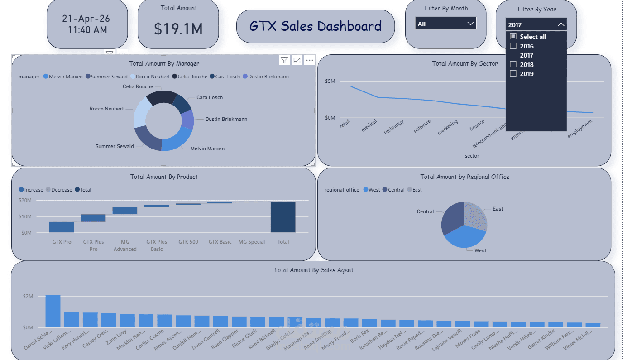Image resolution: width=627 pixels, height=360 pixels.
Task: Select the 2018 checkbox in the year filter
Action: [x=513, y=65]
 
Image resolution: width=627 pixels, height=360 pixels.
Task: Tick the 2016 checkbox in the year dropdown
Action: [x=513, y=46]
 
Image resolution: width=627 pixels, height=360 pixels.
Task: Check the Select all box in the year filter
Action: [x=513, y=37]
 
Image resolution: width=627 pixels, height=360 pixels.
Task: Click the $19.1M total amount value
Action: [x=178, y=29]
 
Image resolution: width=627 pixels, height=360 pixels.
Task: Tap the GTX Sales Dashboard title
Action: [x=315, y=26]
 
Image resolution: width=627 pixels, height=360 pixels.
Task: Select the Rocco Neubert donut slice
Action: [x=141, y=112]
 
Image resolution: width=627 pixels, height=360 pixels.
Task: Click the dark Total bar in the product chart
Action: [x=283, y=217]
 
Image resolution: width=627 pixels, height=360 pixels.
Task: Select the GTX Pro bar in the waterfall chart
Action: [x=62, y=227]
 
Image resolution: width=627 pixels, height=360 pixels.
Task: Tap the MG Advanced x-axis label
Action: [x=125, y=245]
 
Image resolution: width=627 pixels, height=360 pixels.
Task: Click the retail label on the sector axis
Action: [x=345, y=124]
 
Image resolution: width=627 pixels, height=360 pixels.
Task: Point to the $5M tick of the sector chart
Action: [x=330, y=81]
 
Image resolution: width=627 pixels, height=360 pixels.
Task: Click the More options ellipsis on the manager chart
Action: [x=310, y=60]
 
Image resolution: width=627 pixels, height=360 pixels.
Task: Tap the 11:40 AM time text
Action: [x=87, y=30]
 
